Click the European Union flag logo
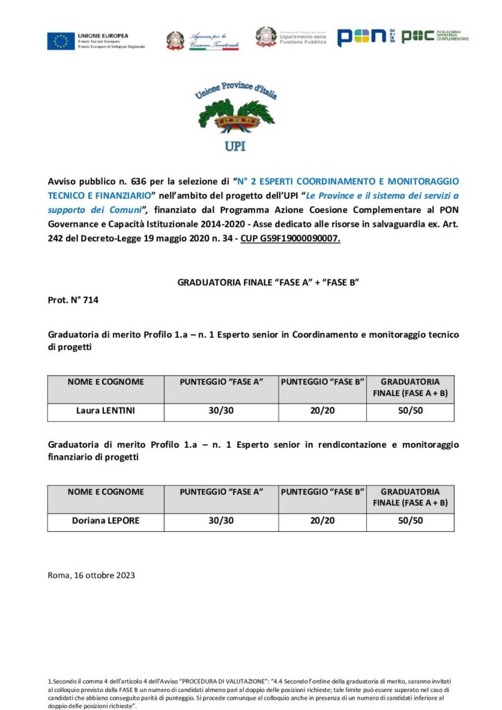point(61,41)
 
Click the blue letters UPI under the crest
point(235,146)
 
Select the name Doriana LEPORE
point(105,521)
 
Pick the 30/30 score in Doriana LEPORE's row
point(221,521)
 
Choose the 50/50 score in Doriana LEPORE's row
point(410,521)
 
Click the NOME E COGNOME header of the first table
point(105,382)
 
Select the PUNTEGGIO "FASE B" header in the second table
point(322,492)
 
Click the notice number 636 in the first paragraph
point(136,181)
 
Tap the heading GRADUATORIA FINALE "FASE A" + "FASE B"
point(268,282)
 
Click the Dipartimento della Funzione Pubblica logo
point(284,37)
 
